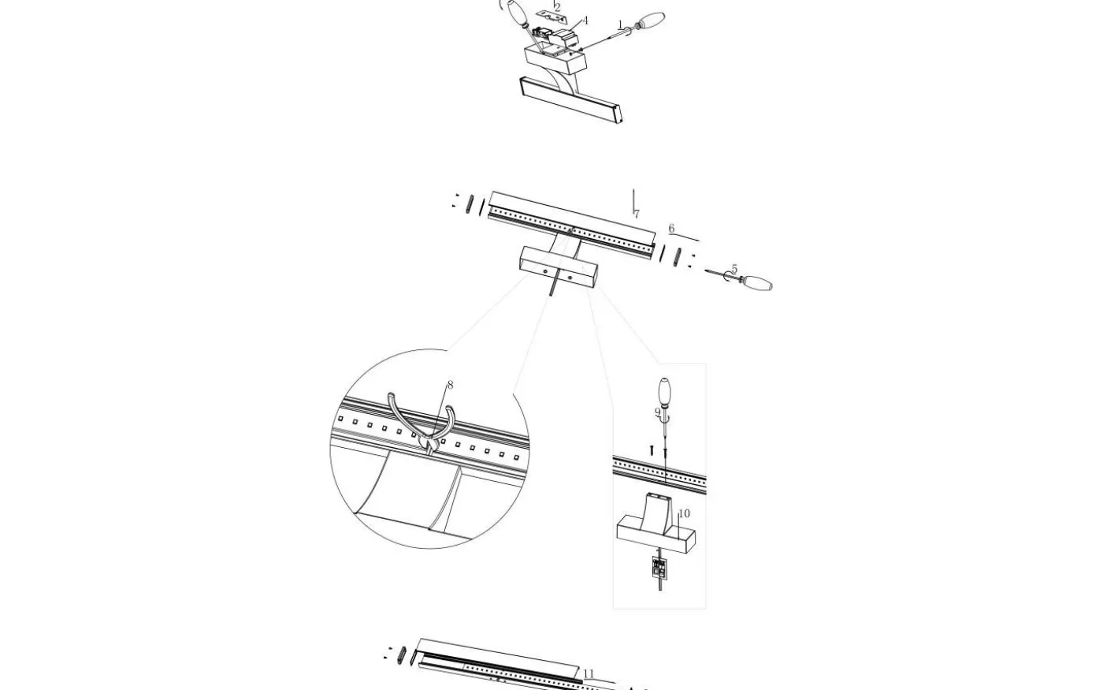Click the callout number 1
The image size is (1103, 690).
pyautogui.click(x=621, y=24)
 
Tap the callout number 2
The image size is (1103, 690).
pyautogui.click(x=558, y=7)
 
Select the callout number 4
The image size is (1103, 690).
pyautogui.click(x=585, y=21)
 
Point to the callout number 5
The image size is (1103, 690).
pyautogui.click(x=734, y=269)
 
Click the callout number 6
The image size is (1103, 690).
pyautogui.click(x=671, y=228)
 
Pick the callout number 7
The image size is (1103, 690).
pyautogui.click(x=637, y=214)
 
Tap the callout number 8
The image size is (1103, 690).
pyautogui.click(x=450, y=385)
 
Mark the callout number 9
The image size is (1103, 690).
pyautogui.click(x=657, y=412)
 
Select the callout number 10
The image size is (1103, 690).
pyautogui.click(x=685, y=513)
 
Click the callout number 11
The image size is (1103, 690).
pyautogui.click(x=589, y=673)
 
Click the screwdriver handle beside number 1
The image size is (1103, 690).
pyautogui.click(x=651, y=21)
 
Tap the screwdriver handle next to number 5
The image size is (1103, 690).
pyautogui.click(x=757, y=283)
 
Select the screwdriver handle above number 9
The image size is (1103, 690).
pyautogui.click(x=665, y=391)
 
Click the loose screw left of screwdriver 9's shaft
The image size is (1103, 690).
pyautogui.click(x=652, y=449)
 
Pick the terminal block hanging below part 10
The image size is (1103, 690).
pyautogui.click(x=659, y=567)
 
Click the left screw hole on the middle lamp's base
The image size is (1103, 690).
pyautogui.click(x=544, y=271)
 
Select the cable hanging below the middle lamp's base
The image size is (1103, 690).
pyautogui.click(x=552, y=286)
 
